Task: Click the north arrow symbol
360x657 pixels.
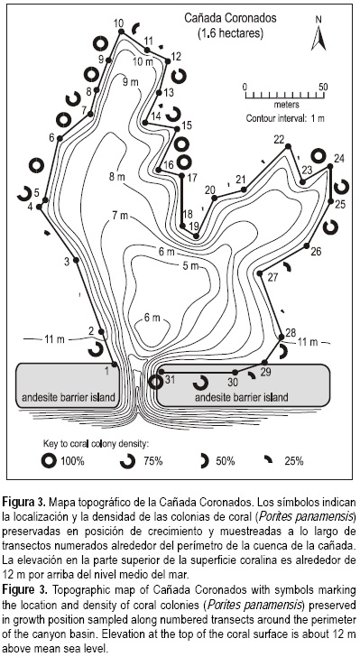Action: click(x=318, y=39)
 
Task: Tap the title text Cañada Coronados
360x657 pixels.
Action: click(x=231, y=19)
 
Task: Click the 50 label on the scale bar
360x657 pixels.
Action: click(x=323, y=88)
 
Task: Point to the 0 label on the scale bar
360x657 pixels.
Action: click(x=245, y=88)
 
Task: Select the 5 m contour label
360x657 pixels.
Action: click(x=190, y=265)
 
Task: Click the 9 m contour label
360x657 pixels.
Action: click(x=130, y=82)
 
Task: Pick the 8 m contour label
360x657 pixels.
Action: click(x=117, y=177)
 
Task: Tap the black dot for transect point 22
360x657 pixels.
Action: click(x=288, y=146)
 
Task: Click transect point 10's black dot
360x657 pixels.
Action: click(x=121, y=32)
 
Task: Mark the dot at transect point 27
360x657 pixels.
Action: click(x=260, y=273)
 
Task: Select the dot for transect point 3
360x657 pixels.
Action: click(x=76, y=260)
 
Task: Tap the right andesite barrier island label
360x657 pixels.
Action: click(x=242, y=397)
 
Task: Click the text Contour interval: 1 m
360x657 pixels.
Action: click(x=285, y=118)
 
